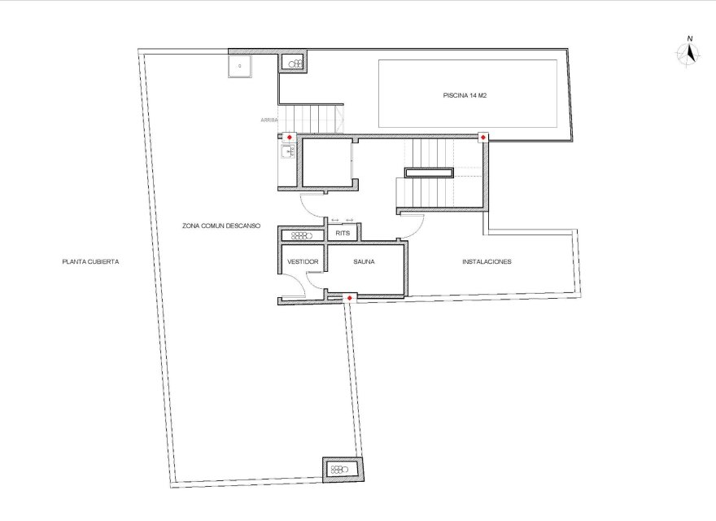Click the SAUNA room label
coord(363,262)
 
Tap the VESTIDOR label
coord(302,262)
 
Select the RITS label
coord(342,234)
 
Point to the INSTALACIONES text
coord(487,262)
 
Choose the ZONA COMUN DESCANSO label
coord(220,225)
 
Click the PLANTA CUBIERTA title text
coord(91,262)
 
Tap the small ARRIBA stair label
coord(269,120)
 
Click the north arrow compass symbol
coord(690,53)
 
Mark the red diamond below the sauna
coord(350,299)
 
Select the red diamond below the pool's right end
coord(483,137)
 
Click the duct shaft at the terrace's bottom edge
coord(341,469)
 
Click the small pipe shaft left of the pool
coord(294,63)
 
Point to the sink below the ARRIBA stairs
coord(286,151)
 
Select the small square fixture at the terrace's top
coord(239,66)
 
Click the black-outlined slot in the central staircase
coord(429,173)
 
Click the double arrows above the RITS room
coord(342,220)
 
